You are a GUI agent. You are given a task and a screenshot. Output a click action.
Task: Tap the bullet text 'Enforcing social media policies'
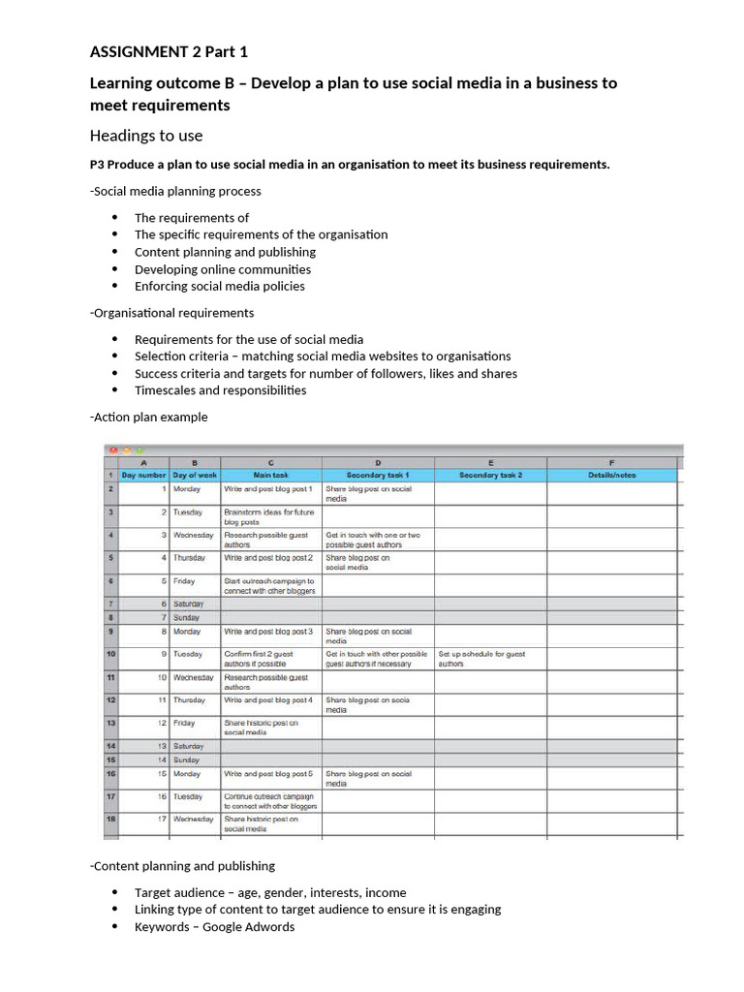click(x=219, y=286)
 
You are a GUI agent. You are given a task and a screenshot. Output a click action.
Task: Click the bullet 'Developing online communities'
click(x=223, y=269)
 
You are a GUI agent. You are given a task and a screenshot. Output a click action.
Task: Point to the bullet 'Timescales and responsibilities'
click(x=220, y=390)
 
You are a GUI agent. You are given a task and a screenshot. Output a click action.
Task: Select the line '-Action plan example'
click(x=148, y=417)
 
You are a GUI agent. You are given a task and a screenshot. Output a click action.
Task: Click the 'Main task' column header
click(x=270, y=476)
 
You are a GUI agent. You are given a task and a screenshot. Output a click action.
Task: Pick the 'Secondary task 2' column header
click(x=490, y=476)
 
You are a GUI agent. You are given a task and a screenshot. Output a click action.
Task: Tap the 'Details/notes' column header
click(x=611, y=476)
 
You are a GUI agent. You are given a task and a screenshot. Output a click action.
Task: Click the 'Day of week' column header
click(x=195, y=476)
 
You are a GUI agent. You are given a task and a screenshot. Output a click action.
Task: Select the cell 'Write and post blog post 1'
click(x=268, y=489)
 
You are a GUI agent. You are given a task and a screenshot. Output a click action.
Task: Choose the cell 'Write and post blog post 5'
click(x=268, y=774)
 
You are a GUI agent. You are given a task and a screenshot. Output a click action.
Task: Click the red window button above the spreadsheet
click(x=113, y=450)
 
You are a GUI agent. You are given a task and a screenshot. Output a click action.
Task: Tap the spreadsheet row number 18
click(x=112, y=820)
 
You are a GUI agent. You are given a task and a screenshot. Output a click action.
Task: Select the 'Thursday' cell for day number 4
click(x=190, y=558)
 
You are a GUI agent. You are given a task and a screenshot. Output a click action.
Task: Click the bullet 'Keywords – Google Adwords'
click(x=214, y=927)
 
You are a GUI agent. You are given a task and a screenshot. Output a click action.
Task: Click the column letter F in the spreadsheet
click(x=611, y=463)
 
